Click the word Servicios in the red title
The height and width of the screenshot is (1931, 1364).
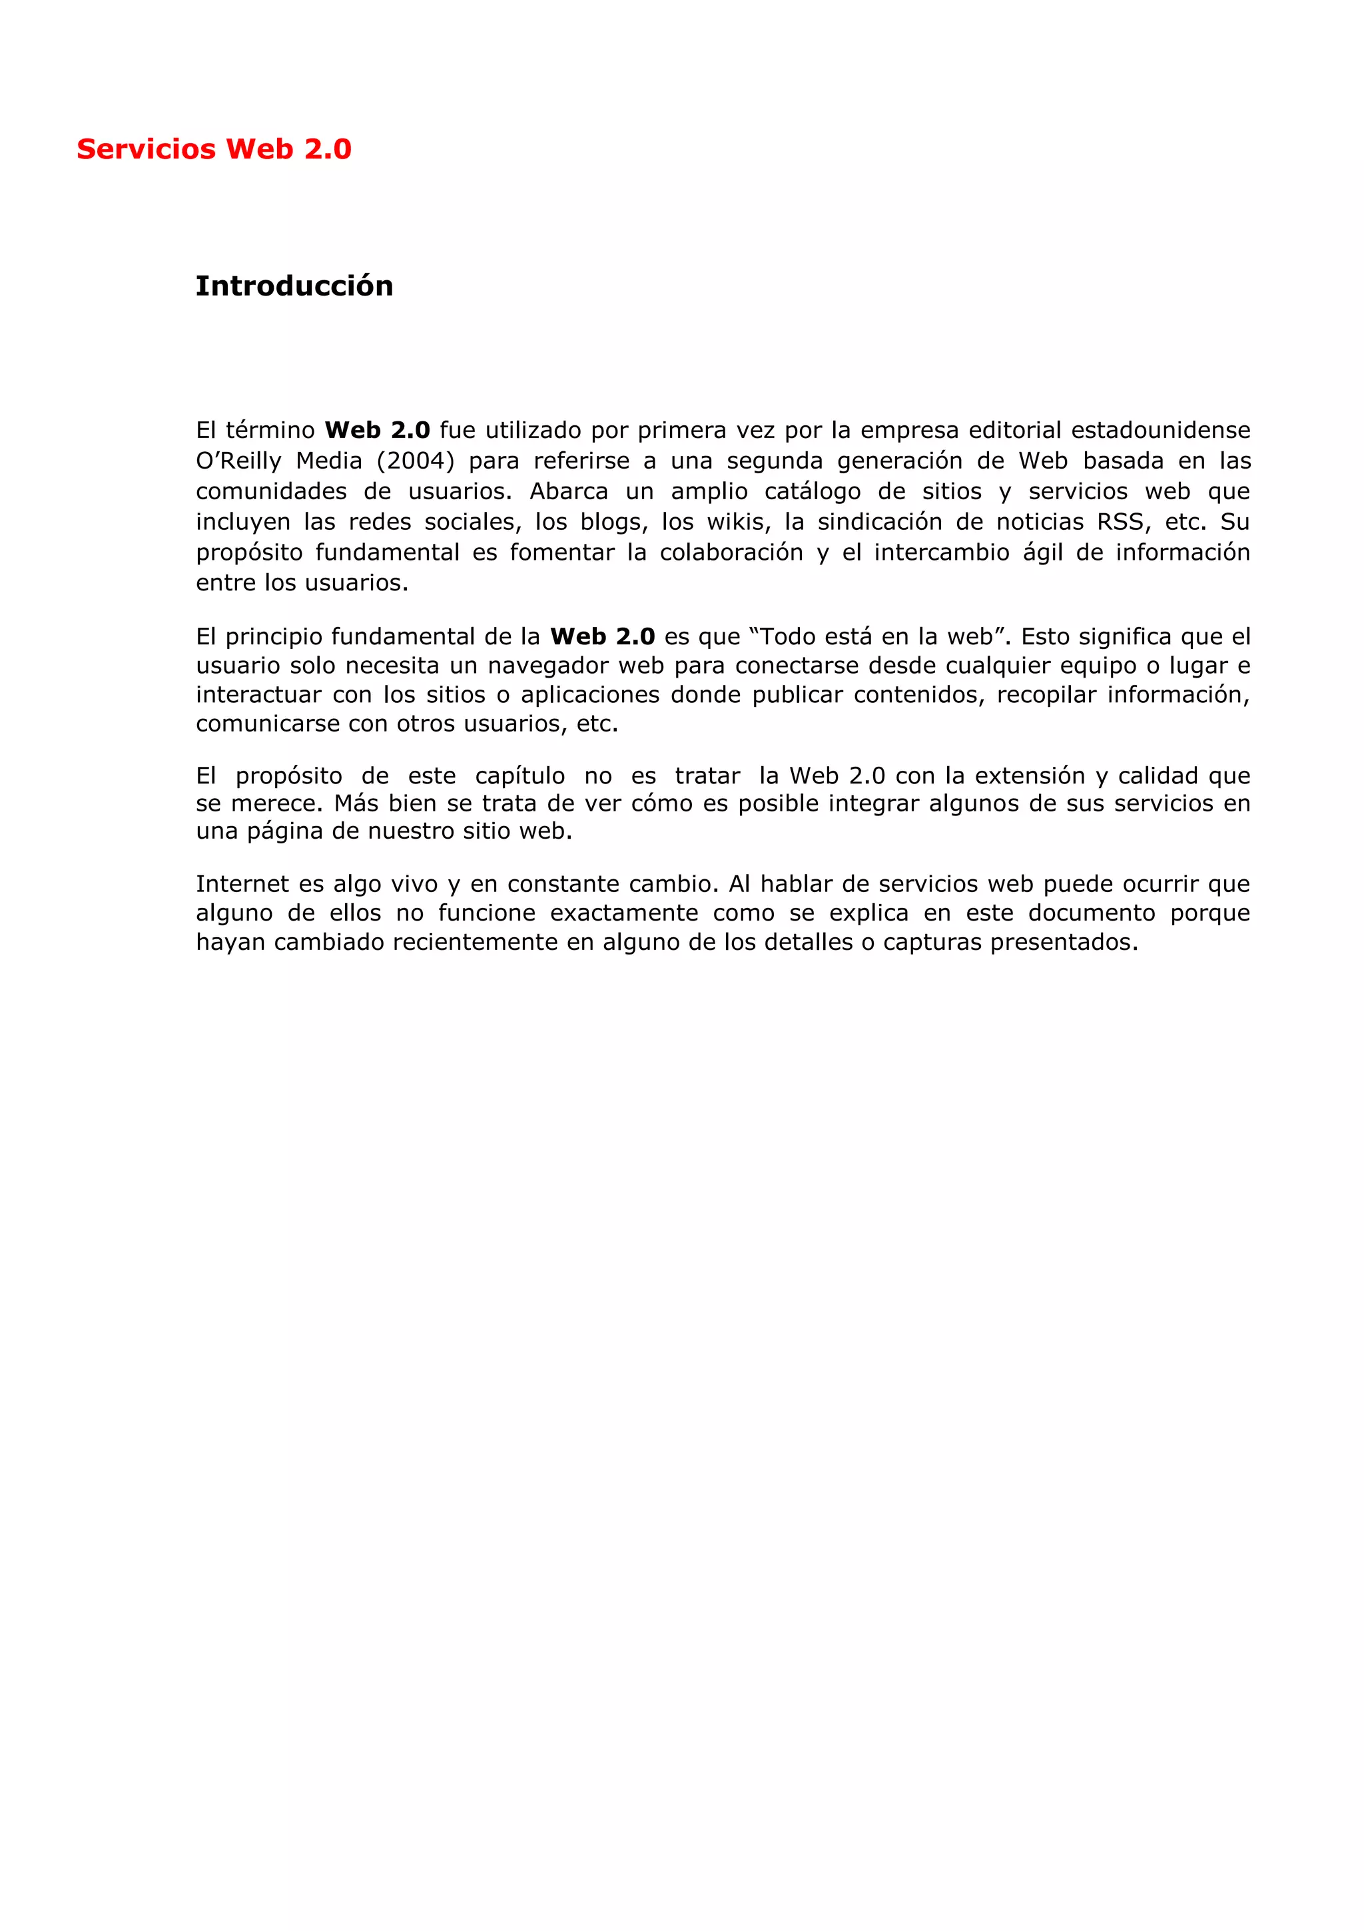coord(147,149)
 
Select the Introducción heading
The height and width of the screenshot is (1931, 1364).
coord(294,286)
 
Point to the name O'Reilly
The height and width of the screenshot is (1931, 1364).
coord(238,461)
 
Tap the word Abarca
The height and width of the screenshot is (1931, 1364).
coord(569,491)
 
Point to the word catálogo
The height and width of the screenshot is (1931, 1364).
coord(812,491)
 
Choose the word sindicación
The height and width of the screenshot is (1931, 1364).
coord(879,523)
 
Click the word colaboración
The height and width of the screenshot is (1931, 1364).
coord(731,552)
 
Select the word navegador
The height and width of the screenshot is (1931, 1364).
coord(549,666)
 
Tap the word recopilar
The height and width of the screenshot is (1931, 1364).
coord(1044,695)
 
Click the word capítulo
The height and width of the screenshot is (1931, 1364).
coord(520,775)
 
